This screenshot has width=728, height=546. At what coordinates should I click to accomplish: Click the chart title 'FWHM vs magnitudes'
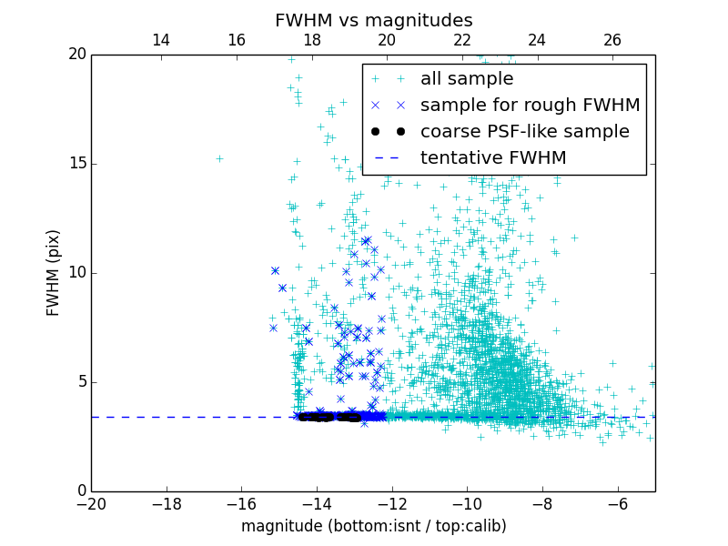(x=373, y=20)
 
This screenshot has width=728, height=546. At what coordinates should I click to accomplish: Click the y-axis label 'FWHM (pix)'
(x=54, y=272)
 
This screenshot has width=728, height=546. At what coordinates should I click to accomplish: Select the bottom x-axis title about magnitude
(x=373, y=526)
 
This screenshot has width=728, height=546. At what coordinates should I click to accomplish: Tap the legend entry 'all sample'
(x=466, y=79)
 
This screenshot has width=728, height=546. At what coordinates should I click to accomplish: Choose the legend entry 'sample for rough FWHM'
(x=530, y=106)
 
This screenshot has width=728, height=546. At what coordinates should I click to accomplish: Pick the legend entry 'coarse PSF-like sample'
(x=524, y=132)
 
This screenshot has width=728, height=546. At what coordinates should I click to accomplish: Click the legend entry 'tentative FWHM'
(x=492, y=158)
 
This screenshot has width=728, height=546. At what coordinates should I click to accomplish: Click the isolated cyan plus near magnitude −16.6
(x=219, y=158)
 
